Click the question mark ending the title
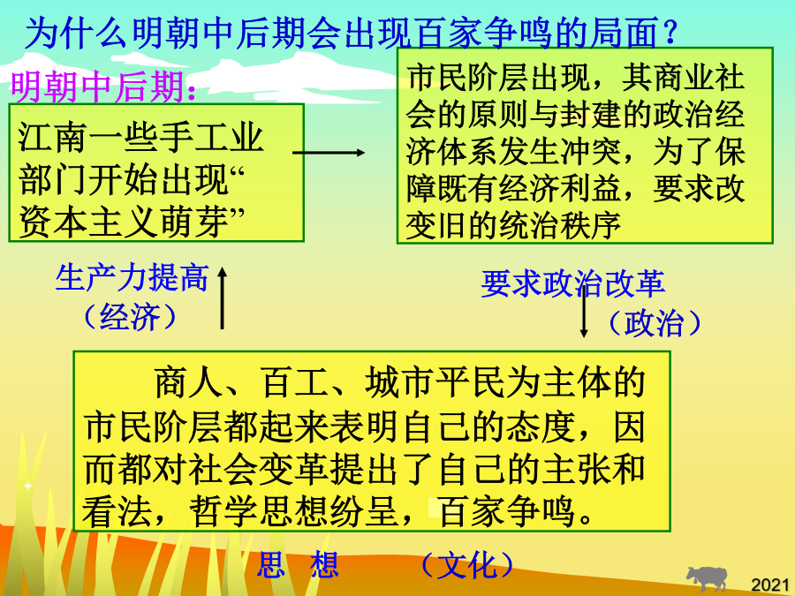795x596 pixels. (670, 32)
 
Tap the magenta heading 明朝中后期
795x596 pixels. (97, 87)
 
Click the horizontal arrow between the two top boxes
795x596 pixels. (329, 152)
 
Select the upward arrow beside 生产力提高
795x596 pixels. (222, 298)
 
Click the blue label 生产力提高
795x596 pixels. (132, 278)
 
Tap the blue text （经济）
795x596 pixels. (131, 317)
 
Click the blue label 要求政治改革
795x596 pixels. (573, 283)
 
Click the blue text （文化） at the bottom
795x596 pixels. (467, 565)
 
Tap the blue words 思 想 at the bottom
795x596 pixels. (298, 564)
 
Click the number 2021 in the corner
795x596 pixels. (770, 585)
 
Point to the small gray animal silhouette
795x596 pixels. (707, 577)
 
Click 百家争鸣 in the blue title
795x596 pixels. (486, 32)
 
